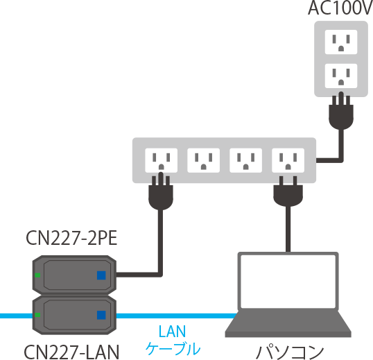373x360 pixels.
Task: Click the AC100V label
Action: point(340,9)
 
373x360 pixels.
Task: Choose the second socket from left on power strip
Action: point(203,162)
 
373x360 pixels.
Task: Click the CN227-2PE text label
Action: point(71,241)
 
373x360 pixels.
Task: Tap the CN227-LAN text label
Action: point(71,350)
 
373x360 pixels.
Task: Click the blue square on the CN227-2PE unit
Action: point(101,275)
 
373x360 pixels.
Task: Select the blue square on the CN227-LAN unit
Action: point(101,315)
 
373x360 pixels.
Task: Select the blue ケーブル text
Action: point(173,349)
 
